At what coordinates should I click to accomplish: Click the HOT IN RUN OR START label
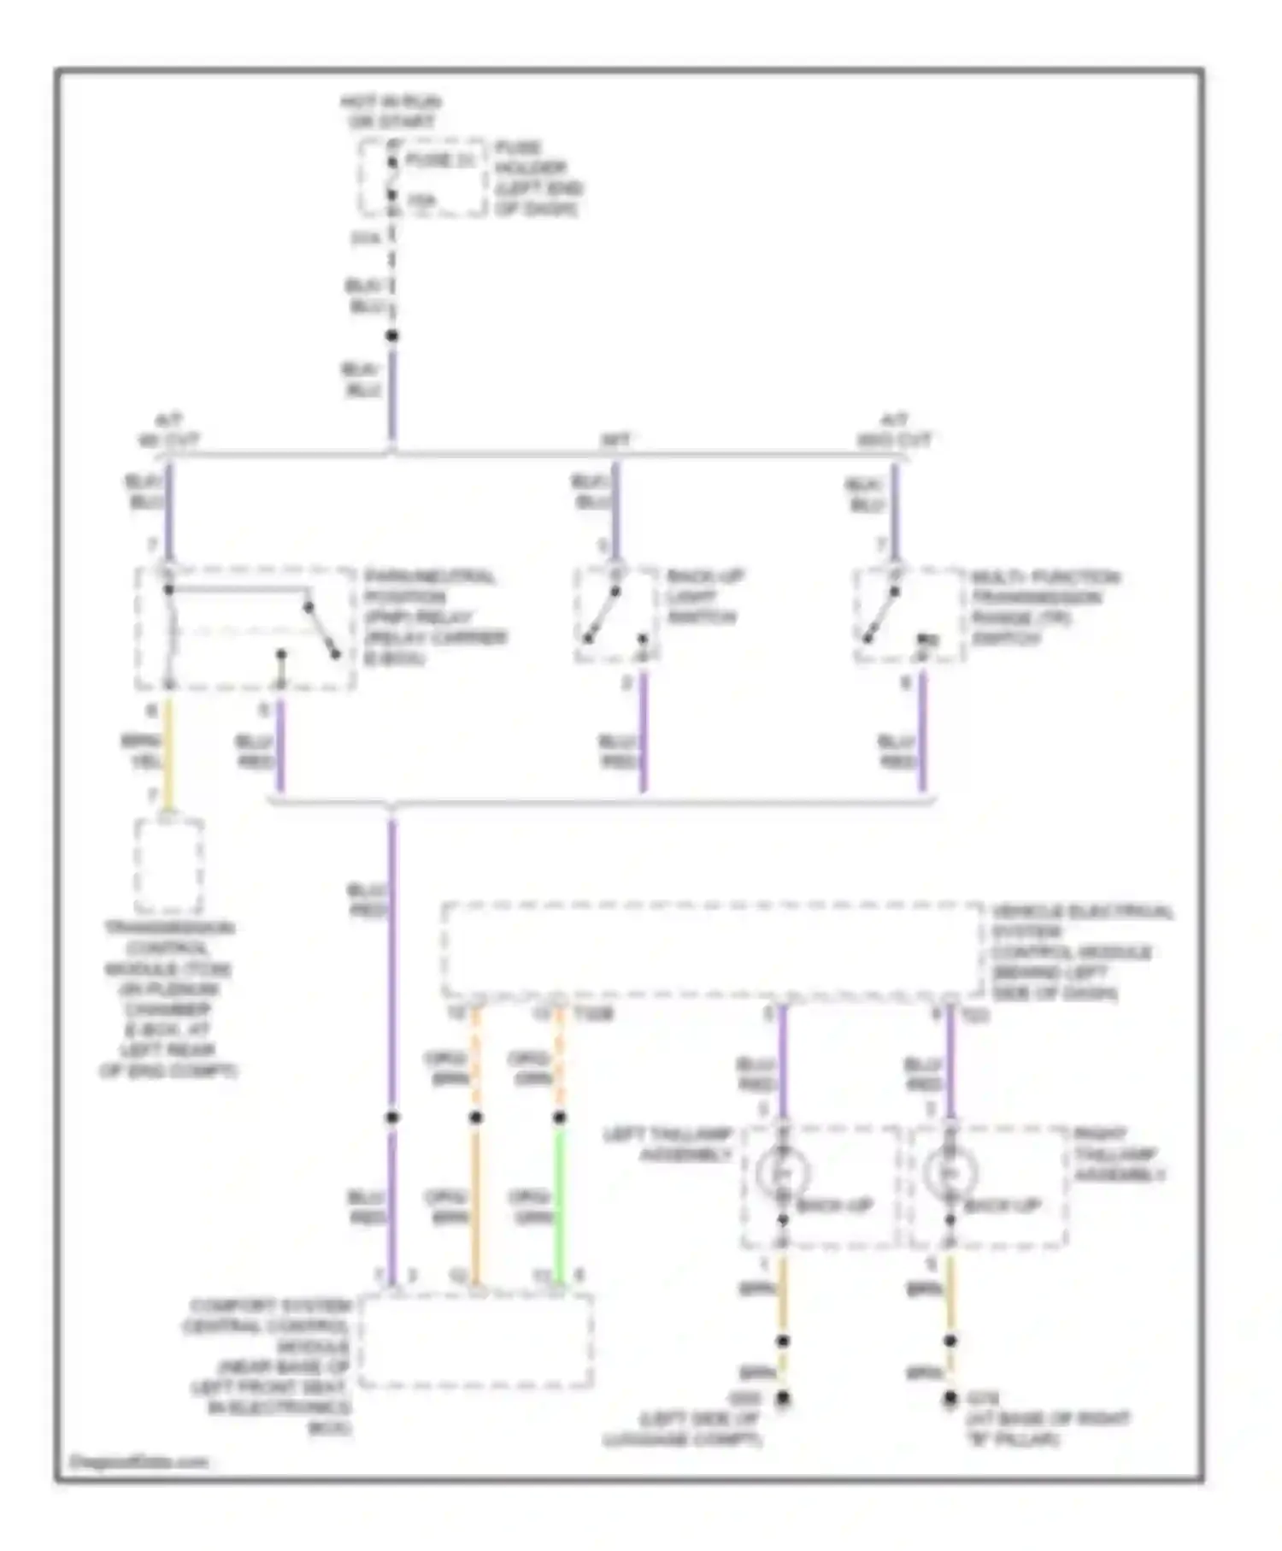[x=390, y=112]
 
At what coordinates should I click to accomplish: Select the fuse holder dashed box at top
[x=422, y=178]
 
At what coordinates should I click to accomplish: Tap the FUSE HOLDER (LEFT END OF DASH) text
[x=538, y=179]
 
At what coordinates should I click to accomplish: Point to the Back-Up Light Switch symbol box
[x=615, y=615]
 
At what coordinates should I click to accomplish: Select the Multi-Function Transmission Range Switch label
[x=1044, y=608]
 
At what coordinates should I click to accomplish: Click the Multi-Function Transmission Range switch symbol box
[x=908, y=615]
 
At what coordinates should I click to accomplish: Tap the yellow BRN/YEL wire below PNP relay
[x=169, y=752]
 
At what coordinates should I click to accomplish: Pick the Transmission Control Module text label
[x=168, y=999]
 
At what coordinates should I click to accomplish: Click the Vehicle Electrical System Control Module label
[x=1081, y=952]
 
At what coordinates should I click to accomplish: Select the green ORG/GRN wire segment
[x=560, y=1206]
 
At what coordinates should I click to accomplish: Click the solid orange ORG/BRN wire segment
[x=476, y=1206]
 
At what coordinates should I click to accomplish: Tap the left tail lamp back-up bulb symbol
[x=781, y=1172]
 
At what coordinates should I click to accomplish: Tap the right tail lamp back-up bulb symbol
[x=949, y=1172]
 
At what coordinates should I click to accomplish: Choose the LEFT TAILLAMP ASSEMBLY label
[x=668, y=1145]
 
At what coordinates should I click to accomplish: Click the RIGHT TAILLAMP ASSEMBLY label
[x=1118, y=1154]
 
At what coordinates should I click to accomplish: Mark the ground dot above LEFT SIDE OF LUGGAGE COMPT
[x=782, y=1400]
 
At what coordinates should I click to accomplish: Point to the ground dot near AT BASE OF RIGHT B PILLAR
[x=950, y=1399]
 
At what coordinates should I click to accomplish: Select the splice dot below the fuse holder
[x=391, y=336]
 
